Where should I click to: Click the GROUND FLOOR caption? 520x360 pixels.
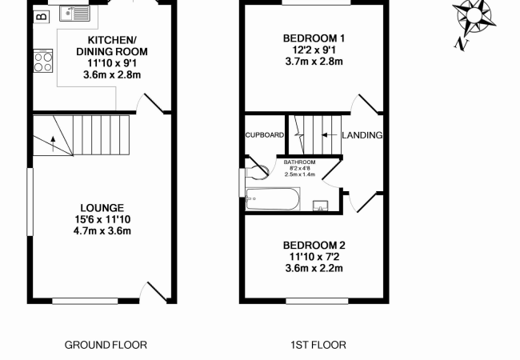point(106,346)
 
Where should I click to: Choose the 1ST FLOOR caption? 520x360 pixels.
point(318,346)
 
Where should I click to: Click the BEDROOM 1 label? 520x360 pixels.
point(314,38)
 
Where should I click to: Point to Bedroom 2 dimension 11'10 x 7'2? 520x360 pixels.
point(314,257)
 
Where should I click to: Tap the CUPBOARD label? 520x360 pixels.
point(264,135)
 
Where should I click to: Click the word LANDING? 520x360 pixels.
point(362,135)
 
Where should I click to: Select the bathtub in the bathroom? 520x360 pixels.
point(273,198)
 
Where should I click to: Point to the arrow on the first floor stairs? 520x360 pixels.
point(326,135)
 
